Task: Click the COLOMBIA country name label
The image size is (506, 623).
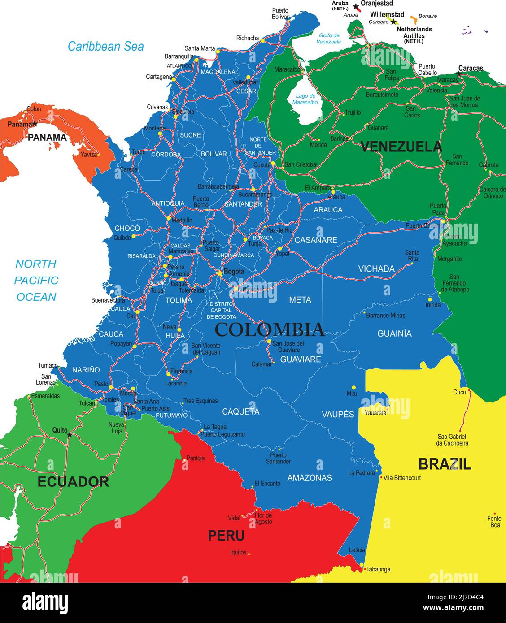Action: [x=269, y=329]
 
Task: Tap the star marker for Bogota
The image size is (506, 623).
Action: [x=219, y=273]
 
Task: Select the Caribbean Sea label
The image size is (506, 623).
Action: [x=106, y=46]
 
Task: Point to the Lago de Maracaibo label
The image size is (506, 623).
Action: [x=305, y=99]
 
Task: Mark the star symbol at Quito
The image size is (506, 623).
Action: [x=69, y=435]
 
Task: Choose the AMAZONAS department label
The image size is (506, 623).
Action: [x=310, y=478]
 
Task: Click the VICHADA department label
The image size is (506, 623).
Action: [x=376, y=269]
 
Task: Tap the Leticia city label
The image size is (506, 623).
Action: [x=357, y=550]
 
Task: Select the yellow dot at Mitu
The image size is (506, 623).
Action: [x=353, y=387]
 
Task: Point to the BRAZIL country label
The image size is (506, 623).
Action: [x=445, y=464]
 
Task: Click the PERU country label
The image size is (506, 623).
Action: [x=226, y=536]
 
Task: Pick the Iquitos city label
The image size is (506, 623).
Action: [x=238, y=552]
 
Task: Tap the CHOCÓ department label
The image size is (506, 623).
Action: [x=127, y=228]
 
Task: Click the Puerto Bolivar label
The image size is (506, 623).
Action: [x=280, y=13]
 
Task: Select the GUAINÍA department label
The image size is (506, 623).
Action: [x=394, y=333]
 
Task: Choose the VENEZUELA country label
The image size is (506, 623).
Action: [x=401, y=147]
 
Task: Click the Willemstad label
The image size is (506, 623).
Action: [x=387, y=14]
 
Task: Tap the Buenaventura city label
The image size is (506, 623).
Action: [x=108, y=300]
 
